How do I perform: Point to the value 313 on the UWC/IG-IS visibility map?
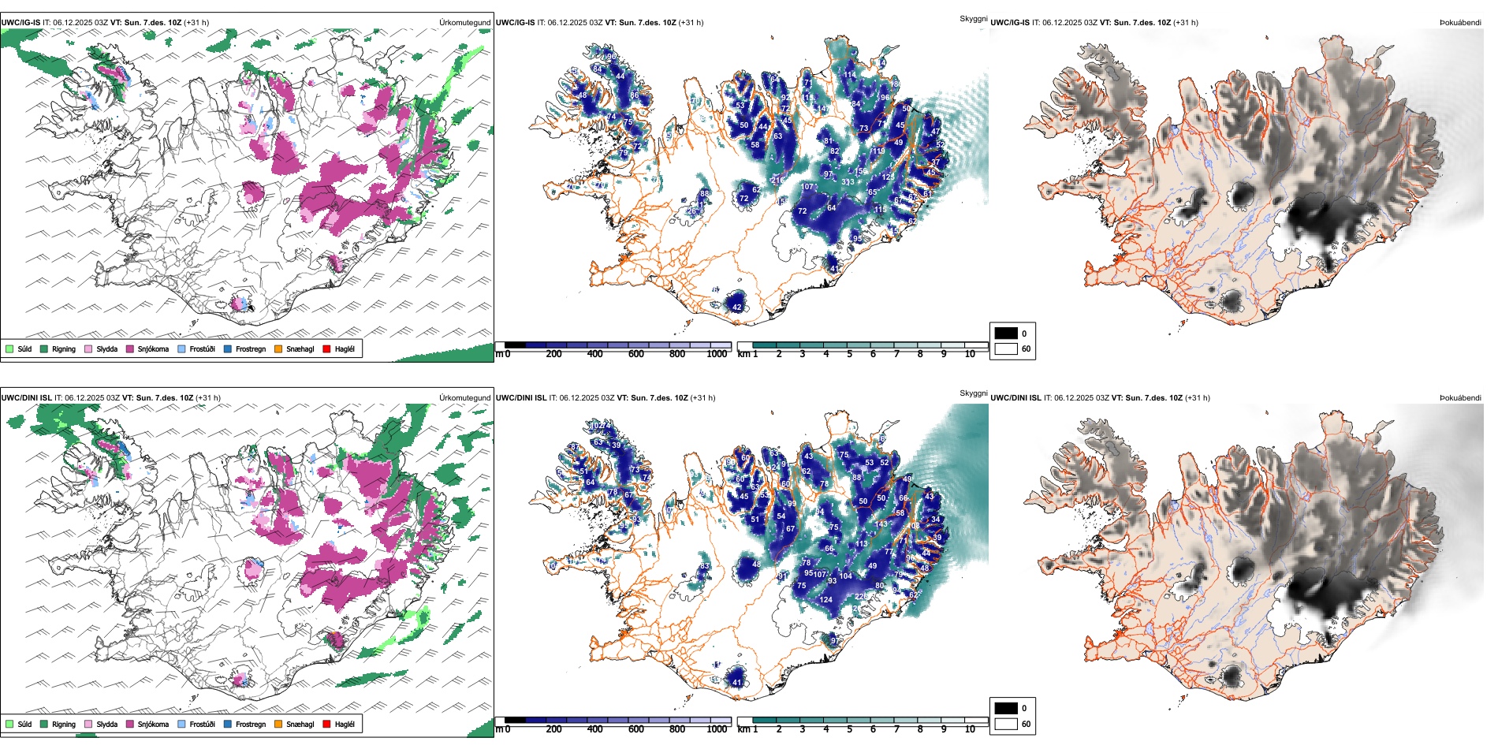(x=848, y=182)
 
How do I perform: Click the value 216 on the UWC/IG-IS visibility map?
(x=777, y=180)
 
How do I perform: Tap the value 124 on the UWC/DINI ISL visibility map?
(x=825, y=600)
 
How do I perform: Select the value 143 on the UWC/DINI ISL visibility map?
(x=881, y=524)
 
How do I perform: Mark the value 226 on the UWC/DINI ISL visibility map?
(x=862, y=597)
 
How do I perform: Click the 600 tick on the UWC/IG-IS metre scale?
(x=635, y=354)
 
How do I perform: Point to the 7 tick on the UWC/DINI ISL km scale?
(x=896, y=729)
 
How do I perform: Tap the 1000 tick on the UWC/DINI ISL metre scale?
(x=717, y=729)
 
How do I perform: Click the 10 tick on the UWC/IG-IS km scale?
(x=970, y=354)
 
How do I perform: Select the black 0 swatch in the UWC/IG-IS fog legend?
(x=1006, y=334)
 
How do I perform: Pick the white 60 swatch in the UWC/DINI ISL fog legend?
(x=1006, y=724)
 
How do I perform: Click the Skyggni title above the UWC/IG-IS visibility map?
(x=973, y=18)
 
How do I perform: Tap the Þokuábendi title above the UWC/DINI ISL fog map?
(x=1460, y=398)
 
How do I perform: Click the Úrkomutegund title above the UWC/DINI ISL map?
(x=464, y=398)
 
